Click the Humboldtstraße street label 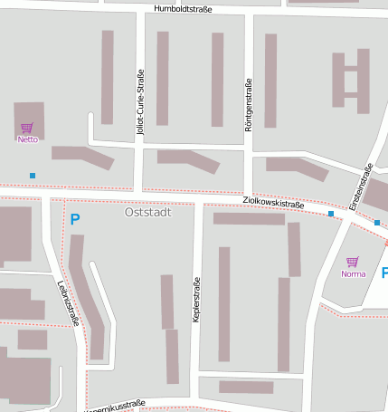[183, 9]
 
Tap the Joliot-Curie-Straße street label [140, 101]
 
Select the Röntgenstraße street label [249, 106]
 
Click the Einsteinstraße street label [361, 188]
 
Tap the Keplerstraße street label [195, 302]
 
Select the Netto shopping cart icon [27, 129]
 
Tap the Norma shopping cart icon [353, 261]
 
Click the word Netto [27, 140]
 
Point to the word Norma [353, 273]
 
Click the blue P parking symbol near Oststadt [75, 218]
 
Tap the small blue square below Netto [33, 175]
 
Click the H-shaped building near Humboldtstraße [351, 81]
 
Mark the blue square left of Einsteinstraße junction [331, 214]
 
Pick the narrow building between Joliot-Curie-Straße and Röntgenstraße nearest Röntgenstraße [217, 79]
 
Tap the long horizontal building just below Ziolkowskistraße [249, 218]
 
